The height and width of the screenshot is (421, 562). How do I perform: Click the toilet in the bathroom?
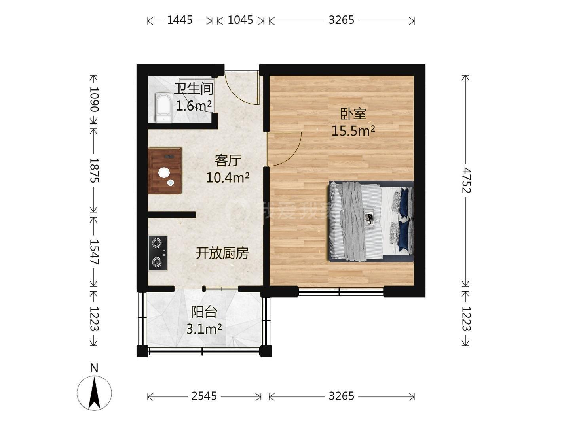(163, 108)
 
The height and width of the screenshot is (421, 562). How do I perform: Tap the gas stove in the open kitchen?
(158, 253)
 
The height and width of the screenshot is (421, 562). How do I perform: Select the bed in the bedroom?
(371, 221)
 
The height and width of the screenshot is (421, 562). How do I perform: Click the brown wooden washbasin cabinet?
(165, 170)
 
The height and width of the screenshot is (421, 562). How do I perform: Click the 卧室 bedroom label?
(353, 114)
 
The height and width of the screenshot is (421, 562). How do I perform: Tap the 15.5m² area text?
(353, 131)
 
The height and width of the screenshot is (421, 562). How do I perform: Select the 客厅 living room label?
(228, 160)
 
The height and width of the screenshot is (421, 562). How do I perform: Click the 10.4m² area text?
(228, 177)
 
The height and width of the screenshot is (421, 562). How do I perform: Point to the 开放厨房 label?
(222, 253)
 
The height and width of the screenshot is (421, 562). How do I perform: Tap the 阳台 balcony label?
(204, 312)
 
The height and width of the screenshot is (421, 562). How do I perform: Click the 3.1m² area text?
(204, 329)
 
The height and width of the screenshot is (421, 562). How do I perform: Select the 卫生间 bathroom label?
(194, 89)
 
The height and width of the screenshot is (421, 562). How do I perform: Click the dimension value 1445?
(179, 20)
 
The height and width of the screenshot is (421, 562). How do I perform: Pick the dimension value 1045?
(240, 20)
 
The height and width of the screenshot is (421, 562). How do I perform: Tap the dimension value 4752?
(467, 180)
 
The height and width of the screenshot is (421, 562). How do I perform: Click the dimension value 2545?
(204, 396)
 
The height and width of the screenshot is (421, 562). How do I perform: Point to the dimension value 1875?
(94, 170)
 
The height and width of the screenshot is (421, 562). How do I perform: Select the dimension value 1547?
(94, 252)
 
